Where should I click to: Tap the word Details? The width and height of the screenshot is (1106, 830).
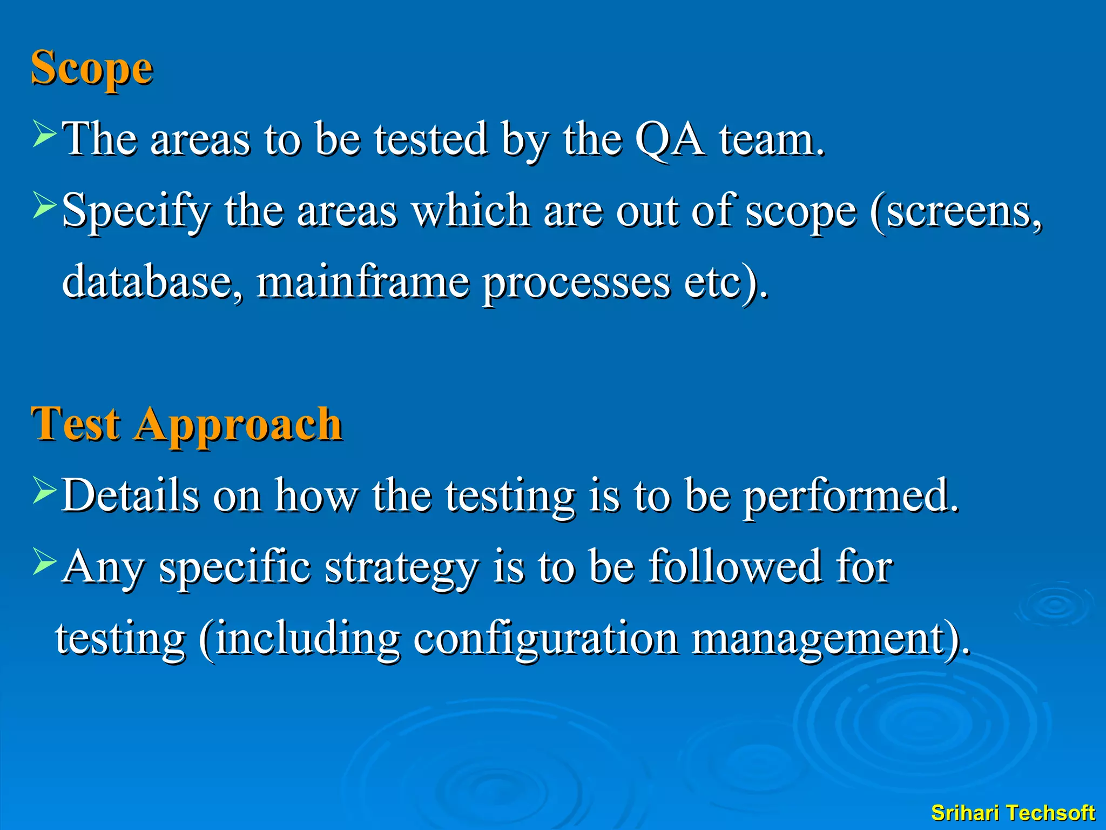coord(130,496)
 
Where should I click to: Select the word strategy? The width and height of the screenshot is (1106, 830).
coord(402,569)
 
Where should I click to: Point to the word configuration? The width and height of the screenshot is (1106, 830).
coord(545,640)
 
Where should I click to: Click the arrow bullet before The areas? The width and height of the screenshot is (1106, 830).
coord(44,134)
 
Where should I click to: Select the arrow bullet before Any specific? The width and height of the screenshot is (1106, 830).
coord(44,561)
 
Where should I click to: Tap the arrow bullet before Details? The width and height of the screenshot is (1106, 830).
coord(44,490)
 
